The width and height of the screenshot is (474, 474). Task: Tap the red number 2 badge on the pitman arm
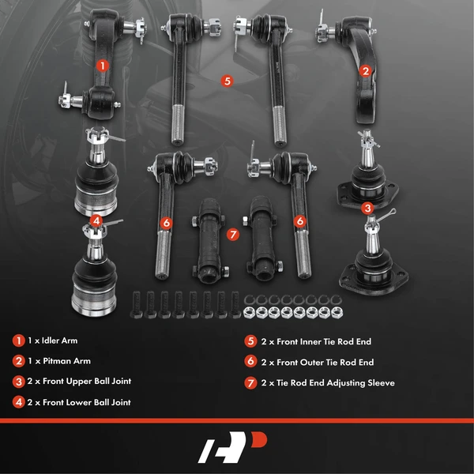[x=365, y=70]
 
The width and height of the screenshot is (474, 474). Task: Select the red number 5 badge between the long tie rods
[x=227, y=81]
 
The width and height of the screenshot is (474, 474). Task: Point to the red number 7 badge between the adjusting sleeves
[x=232, y=235]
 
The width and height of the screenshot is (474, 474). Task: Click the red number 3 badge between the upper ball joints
[x=367, y=209]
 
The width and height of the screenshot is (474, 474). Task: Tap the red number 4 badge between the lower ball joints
[x=96, y=220]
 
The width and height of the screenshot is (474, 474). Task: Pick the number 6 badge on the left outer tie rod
[x=166, y=223]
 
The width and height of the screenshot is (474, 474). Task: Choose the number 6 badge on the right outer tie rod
[x=300, y=222]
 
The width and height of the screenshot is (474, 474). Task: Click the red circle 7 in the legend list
[x=250, y=382]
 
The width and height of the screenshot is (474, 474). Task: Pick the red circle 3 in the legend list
[x=17, y=381]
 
